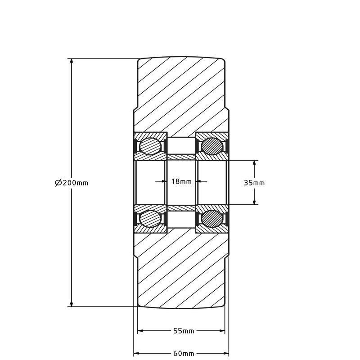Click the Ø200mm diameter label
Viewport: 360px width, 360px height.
pos(72,183)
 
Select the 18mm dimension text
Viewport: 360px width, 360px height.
pos(181,182)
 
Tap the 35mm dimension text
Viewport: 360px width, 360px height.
pos(254,183)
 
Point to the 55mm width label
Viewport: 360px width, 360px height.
pos(184,331)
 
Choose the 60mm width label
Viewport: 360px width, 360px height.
pos(184,353)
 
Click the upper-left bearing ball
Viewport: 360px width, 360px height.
pos(150,146)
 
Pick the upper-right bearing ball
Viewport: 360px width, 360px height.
pos(211,146)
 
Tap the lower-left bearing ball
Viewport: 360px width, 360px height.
pos(150,219)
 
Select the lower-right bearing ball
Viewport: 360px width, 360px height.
pos(211,219)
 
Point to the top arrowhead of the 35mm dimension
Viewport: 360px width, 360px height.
pos(254,163)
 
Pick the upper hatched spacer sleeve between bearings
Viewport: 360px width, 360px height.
pos(181,157)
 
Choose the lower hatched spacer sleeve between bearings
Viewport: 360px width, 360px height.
pos(181,208)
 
